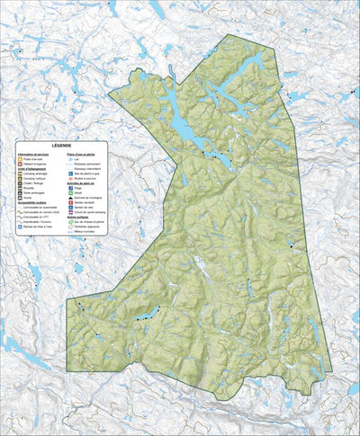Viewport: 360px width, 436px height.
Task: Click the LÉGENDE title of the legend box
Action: (61, 146)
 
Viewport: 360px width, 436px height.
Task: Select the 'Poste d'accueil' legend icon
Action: (20, 159)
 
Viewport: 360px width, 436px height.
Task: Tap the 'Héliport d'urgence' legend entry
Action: (20, 165)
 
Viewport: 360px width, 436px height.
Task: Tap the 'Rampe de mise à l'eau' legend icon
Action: (20, 227)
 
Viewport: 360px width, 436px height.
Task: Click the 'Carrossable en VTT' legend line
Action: (20, 217)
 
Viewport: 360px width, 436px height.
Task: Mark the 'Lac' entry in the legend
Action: (70, 159)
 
